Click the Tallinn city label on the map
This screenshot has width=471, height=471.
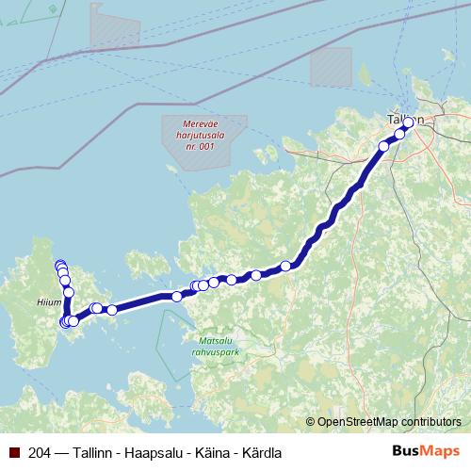(x=404, y=120)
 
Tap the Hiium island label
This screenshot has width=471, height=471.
(x=50, y=302)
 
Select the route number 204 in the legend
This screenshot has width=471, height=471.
(x=41, y=452)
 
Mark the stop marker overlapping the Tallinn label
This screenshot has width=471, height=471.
(x=408, y=121)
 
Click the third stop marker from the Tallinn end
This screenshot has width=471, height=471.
(x=384, y=146)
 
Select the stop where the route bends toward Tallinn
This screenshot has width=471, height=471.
(x=286, y=266)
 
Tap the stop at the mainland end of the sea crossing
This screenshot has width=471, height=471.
(x=177, y=297)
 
